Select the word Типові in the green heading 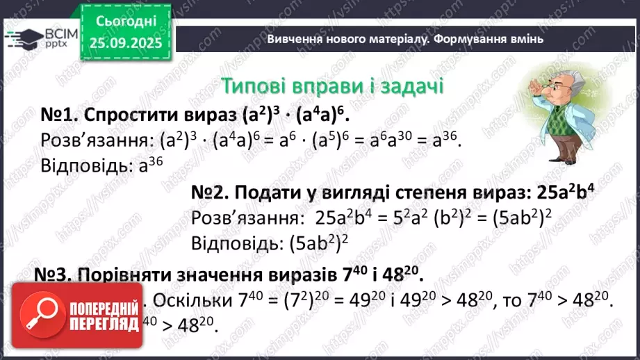click(254, 86)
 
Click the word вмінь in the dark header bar click(528, 39)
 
